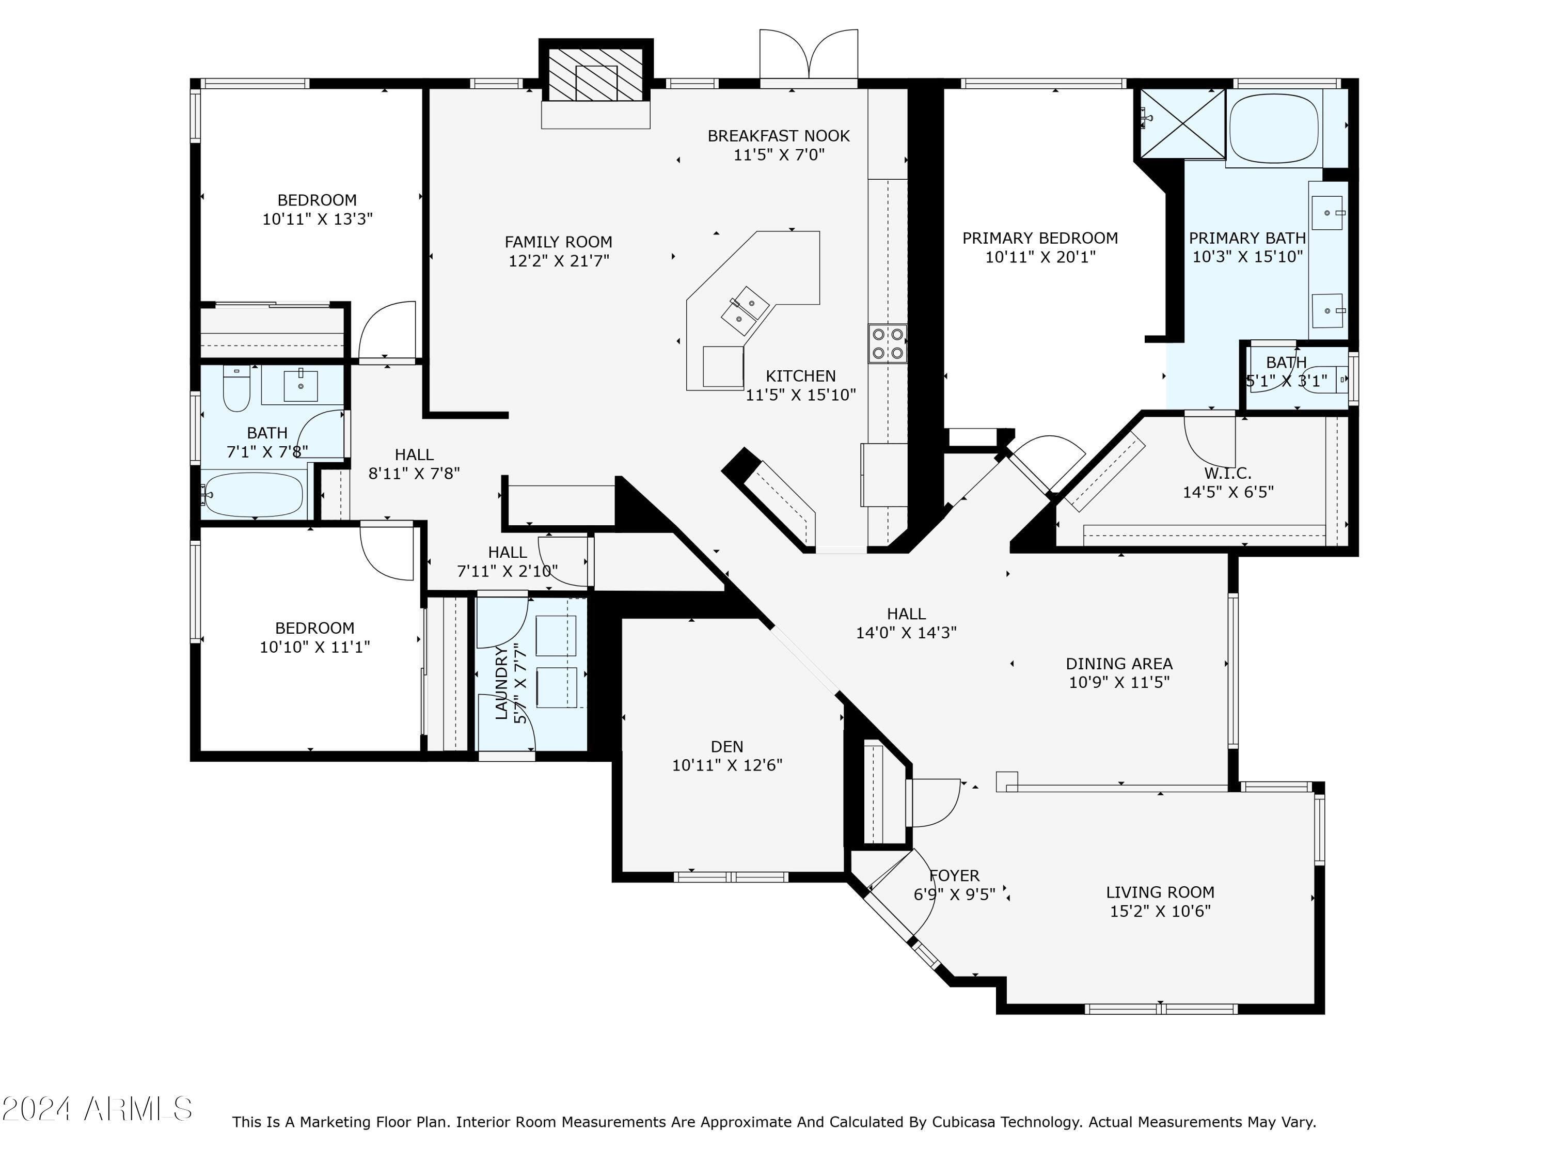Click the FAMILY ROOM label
[558, 242]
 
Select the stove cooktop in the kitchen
[887, 343]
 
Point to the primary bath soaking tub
[1274, 128]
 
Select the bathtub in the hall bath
[253, 495]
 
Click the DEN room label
[727, 747]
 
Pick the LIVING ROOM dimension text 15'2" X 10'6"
[1160, 910]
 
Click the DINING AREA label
[1119, 663]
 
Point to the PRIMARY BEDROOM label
[1040, 238]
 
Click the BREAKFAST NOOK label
[779, 136]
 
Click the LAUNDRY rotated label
[501, 683]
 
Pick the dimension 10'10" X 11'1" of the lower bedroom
[315, 647]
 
